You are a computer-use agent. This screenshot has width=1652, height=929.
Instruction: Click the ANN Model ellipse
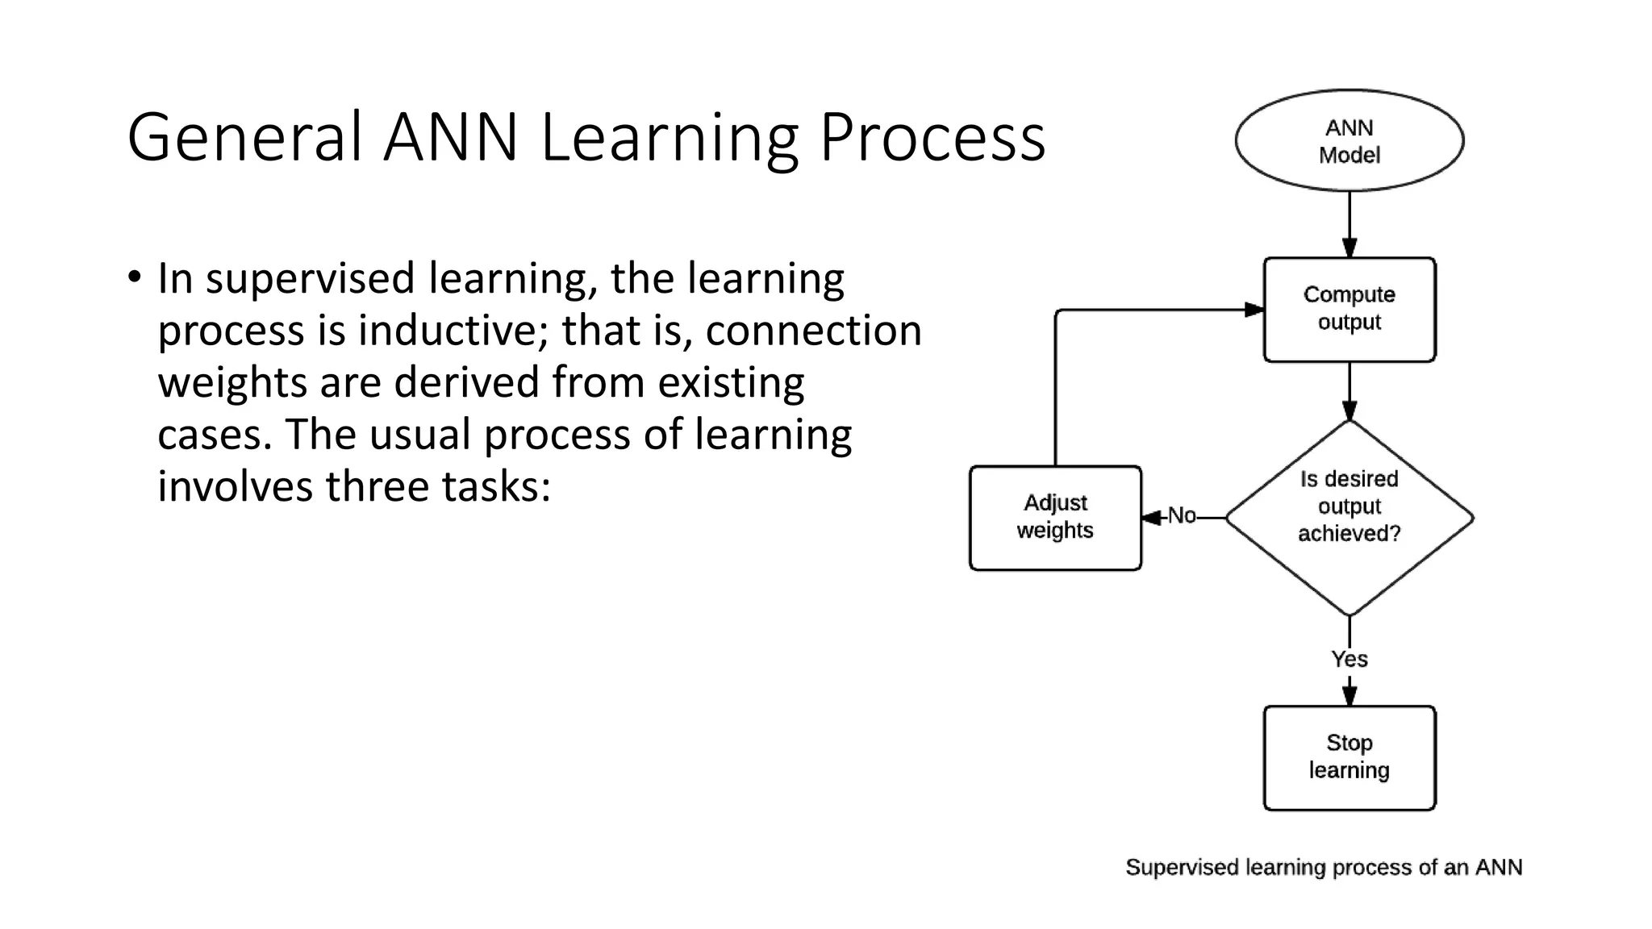1349,140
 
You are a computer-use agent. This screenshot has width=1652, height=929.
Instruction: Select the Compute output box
1349,309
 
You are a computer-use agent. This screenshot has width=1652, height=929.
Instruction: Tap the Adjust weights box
1054,517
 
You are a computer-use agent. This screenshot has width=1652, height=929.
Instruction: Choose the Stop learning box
1349,757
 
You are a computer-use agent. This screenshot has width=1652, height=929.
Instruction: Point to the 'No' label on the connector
1182,516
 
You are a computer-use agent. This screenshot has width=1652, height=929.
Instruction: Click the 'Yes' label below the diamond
1349,659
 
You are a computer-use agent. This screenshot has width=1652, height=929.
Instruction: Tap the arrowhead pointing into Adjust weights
1152,517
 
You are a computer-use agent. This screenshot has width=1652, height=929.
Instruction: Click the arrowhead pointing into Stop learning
1349,695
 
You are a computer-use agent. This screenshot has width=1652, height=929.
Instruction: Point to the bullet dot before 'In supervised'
134,277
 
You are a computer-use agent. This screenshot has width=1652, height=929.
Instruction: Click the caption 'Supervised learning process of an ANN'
1324,867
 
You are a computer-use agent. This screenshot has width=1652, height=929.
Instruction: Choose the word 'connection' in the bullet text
813,331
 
